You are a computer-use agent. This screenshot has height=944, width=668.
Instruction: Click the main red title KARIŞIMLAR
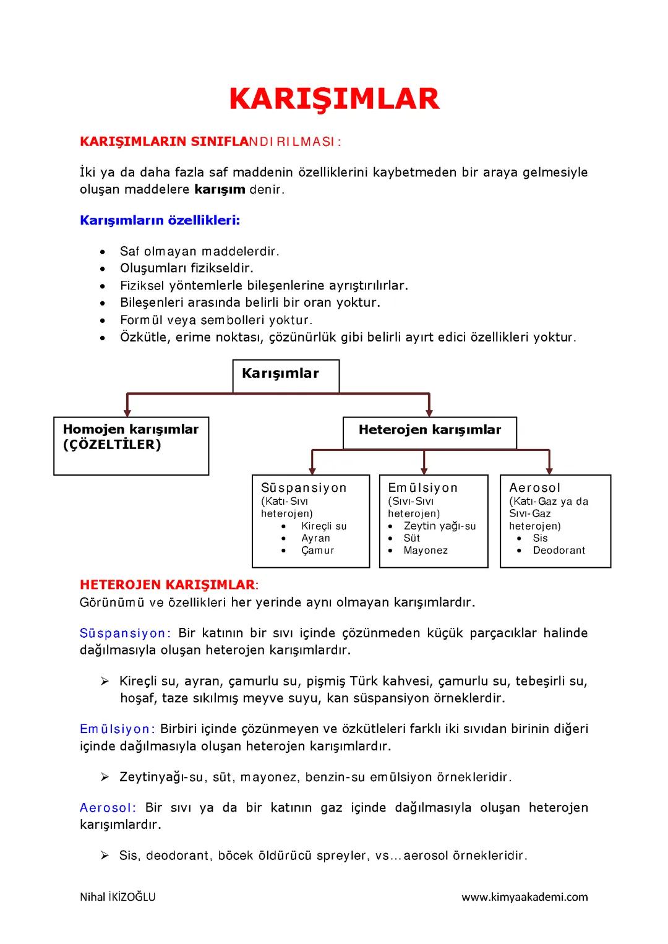334,99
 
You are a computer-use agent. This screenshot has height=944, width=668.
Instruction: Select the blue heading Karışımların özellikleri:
160,220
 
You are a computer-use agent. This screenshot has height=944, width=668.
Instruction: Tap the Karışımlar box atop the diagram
285,375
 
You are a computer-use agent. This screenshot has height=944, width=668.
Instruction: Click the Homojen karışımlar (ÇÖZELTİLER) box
131,445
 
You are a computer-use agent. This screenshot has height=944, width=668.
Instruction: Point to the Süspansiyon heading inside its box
304,487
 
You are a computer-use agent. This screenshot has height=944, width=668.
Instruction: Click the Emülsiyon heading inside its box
422,487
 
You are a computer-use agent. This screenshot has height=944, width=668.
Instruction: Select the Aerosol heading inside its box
534,487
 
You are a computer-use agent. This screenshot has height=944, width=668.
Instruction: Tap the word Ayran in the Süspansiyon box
315,538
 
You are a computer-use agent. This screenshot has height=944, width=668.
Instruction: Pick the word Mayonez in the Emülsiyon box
426,550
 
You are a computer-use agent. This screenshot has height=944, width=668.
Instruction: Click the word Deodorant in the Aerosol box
559,550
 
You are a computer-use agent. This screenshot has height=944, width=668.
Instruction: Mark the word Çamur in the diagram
317,550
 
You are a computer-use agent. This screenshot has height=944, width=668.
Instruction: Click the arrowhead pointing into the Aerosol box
549,470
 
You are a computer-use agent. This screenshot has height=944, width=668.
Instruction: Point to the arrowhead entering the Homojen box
127,411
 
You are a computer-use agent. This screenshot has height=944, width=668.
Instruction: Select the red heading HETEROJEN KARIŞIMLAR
167,585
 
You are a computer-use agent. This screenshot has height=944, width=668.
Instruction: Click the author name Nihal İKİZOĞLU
118,897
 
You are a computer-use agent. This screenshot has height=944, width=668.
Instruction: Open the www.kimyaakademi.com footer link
525,897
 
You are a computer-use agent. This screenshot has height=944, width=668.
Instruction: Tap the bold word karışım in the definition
220,189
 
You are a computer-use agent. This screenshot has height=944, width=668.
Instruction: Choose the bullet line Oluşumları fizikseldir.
187,268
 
